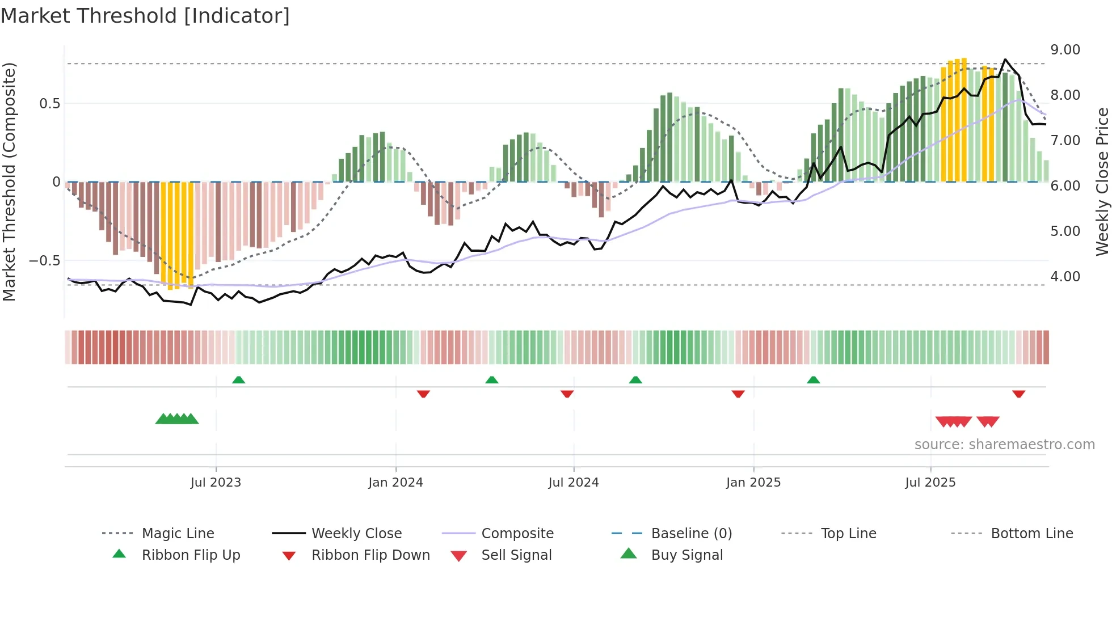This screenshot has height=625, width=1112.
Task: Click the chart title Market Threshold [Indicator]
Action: coord(145,16)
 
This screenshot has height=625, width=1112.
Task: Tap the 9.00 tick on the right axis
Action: coord(1065,50)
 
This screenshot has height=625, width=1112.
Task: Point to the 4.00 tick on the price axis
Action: coord(1065,277)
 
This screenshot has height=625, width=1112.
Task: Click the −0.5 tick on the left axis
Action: coord(44,261)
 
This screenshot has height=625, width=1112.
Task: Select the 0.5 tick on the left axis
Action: coord(49,104)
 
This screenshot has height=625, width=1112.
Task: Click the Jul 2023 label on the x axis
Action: coord(216,483)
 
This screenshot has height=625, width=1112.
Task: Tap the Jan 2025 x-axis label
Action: coord(753,483)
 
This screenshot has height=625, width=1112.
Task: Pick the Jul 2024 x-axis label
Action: coord(573,483)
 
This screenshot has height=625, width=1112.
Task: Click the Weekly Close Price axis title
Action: coord(1102,181)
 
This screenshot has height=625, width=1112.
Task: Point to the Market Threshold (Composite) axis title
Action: coord(9,181)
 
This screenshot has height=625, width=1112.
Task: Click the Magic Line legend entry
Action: coord(178,534)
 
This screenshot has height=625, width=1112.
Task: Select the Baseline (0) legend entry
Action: coord(691,534)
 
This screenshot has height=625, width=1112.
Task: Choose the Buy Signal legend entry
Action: coord(686,555)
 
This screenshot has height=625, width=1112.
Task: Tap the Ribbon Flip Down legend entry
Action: coord(370,555)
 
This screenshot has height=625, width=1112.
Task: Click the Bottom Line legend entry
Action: coord(1031,534)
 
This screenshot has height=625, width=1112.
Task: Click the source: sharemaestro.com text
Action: coord(1004,445)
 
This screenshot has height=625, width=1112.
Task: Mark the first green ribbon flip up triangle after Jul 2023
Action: coord(238,380)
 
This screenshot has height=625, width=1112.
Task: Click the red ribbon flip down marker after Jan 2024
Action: coord(423,394)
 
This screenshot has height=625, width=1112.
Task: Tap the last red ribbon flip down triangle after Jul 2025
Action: coord(1018,394)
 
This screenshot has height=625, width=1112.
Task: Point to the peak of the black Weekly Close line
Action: coord(1005,60)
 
